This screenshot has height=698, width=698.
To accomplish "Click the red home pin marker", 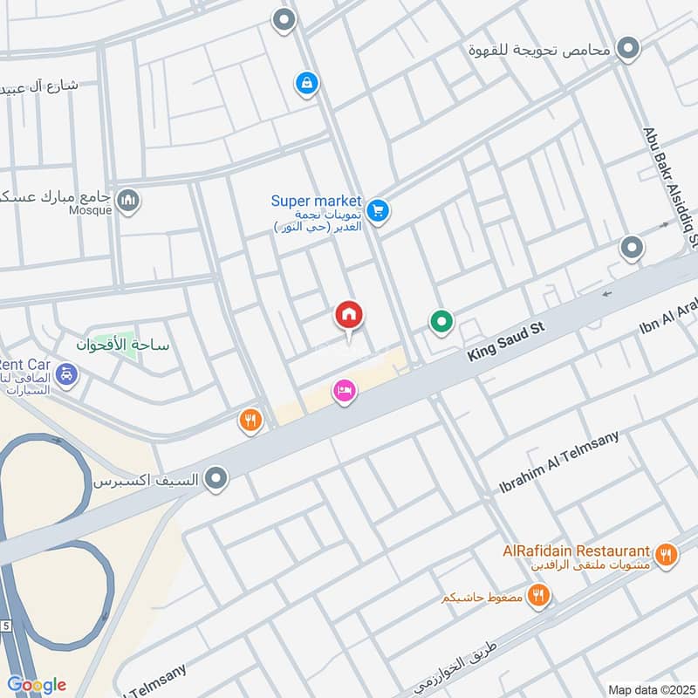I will click(349, 317).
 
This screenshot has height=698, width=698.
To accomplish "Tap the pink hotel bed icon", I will click(345, 392).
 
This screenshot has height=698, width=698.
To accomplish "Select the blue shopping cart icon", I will click(377, 210).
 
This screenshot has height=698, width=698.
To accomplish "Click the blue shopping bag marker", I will click(306, 84).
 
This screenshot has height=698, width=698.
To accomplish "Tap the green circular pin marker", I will click(441, 323).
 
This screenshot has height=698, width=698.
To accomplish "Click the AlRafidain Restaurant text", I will click(577, 551).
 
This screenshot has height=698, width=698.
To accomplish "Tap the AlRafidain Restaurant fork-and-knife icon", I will click(667, 553).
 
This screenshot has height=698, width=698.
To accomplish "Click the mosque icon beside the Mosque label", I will click(128, 202).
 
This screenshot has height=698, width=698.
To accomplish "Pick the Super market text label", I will click(315, 201).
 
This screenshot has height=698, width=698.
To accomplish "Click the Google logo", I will click(37, 685).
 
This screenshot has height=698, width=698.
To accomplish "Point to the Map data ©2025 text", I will click(650, 689).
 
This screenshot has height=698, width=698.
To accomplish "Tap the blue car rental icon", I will click(66, 375).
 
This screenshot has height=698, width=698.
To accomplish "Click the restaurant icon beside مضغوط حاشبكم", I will click(539, 597).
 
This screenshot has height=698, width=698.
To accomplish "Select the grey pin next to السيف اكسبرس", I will click(216, 478).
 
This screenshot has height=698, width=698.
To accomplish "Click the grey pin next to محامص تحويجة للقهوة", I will click(627, 49).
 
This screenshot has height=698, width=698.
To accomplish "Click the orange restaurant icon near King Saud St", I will click(251, 421).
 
